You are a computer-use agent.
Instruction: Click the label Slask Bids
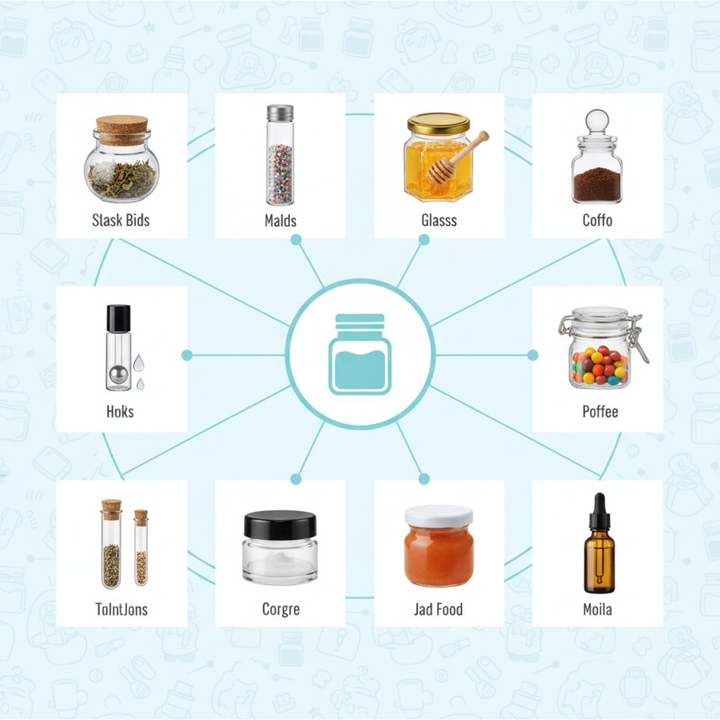click(x=121, y=220)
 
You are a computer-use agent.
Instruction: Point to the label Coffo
click(x=597, y=220)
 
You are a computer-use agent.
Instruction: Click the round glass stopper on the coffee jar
click(x=597, y=122)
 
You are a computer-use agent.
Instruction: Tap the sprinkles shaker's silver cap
click(x=280, y=113)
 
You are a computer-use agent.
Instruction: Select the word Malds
click(x=280, y=220)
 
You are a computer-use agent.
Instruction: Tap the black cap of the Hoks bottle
click(x=118, y=317)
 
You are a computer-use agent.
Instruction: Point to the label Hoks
click(x=120, y=411)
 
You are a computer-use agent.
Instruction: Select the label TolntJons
click(x=121, y=609)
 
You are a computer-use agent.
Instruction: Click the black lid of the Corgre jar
click(x=280, y=523)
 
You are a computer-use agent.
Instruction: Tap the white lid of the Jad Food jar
click(x=438, y=516)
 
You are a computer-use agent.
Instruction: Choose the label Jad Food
click(x=438, y=609)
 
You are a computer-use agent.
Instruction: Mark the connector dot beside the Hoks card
click(x=187, y=355)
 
